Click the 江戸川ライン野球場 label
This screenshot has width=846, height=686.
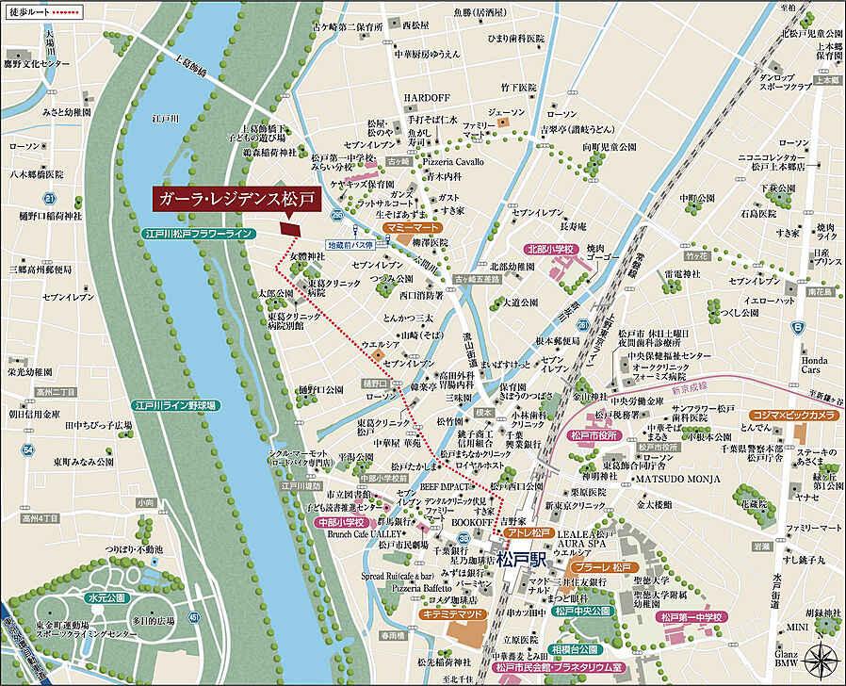[175, 405]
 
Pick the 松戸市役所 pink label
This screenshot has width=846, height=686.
[594, 435]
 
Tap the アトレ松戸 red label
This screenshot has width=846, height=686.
[530, 533]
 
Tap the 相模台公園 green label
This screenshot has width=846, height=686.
[576, 649]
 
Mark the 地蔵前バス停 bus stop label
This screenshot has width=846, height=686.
[351, 244]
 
